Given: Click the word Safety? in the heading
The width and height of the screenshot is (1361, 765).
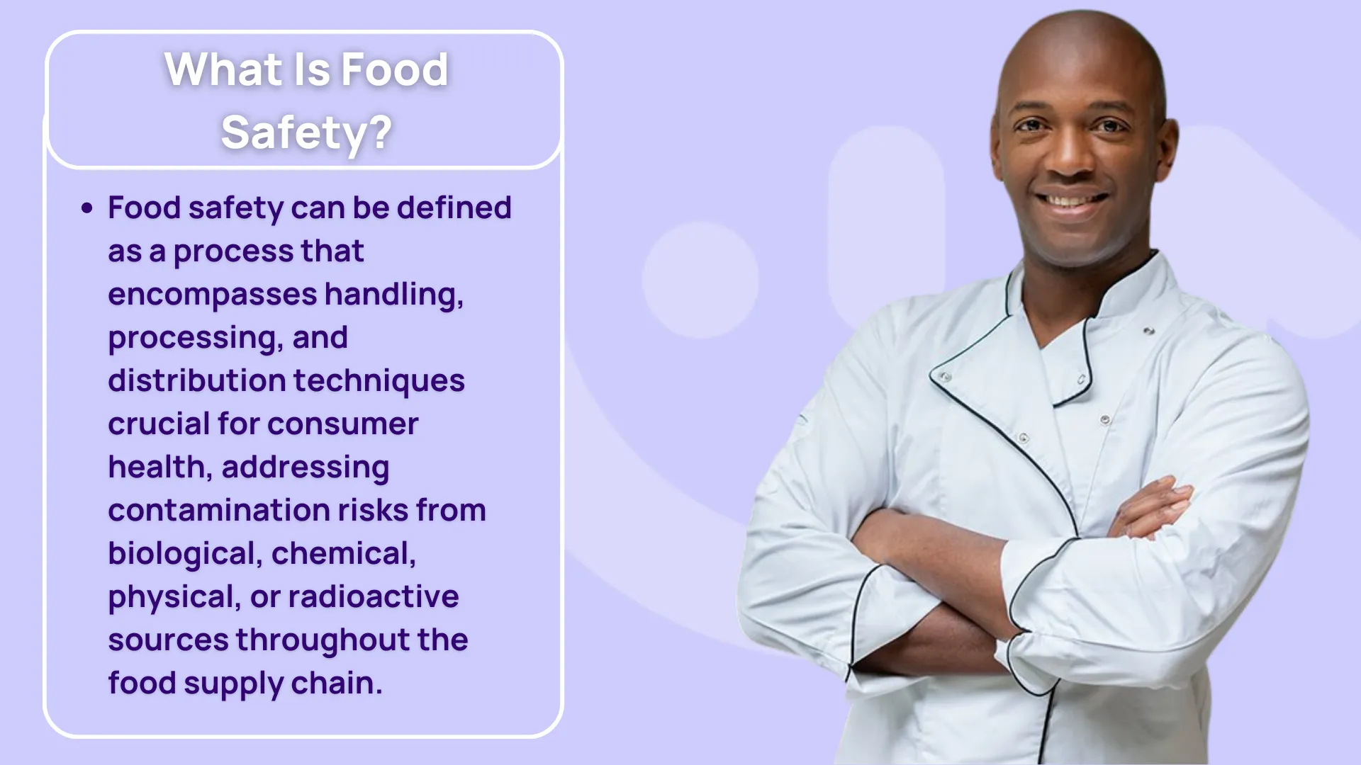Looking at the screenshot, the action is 306,133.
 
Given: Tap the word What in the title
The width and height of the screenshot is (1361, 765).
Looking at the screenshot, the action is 223,69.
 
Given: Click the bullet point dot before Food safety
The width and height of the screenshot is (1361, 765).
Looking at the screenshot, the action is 87,208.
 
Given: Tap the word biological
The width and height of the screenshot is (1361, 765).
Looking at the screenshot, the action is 185,554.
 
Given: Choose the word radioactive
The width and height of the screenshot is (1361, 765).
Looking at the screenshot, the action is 374,596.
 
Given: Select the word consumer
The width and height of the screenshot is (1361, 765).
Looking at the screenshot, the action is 343,424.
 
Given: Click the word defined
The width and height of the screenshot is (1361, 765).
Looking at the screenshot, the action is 454,208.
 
